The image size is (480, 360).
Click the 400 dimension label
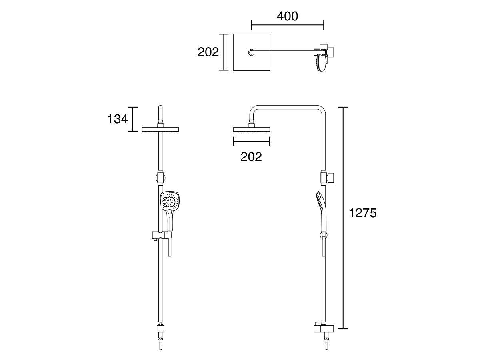pyautogui.click(x=287, y=16)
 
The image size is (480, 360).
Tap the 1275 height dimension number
pyautogui.click(x=362, y=213)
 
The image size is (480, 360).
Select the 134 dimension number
pyautogui.click(x=117, y=119)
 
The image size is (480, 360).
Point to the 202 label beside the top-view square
pyautogui.click(x=208, y=52)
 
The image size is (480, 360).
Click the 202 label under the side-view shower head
pyautogui.click(x=251, y=157)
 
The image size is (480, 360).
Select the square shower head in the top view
pyautogui.click(x=252, y=52)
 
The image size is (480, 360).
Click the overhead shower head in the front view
pyautogui.click(x=160, y=129)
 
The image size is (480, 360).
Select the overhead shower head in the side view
pyautogui.click(x=251, y=129)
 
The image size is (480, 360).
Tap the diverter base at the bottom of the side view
pyautogui.click(x=324, y=329)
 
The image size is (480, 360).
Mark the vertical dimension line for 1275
pyautogui.click(x=343, y=218)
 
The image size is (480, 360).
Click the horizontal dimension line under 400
pyautogui.click(x=287, y=25)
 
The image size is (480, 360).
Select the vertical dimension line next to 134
pyautogui.click(x=132, y=119)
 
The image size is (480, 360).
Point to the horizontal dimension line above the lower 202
pyautogui.click(x=251, y=142)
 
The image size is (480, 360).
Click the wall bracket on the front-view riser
pyautogui.click(x=160, y=177)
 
